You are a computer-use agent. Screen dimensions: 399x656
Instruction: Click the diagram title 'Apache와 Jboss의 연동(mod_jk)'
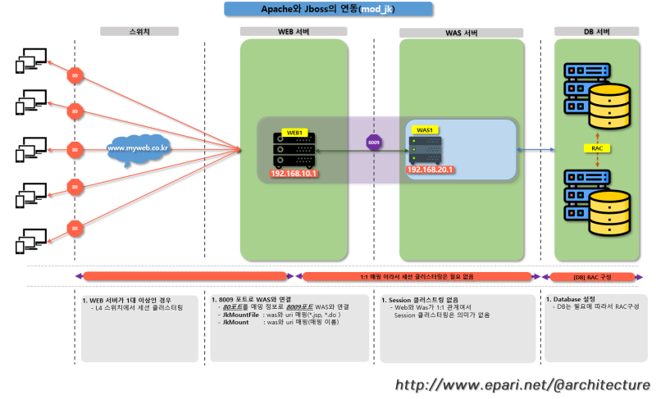327,9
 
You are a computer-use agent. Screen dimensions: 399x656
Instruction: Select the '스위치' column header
139,32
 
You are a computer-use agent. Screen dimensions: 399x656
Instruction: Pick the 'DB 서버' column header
596,32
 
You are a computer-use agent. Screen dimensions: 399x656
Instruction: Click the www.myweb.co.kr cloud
138,149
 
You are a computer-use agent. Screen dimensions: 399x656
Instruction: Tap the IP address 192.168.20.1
430,170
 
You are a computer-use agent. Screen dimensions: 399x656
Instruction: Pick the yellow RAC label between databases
597,148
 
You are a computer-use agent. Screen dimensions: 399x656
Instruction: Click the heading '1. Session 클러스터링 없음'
426,301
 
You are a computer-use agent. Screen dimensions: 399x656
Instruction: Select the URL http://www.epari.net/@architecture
522,384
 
